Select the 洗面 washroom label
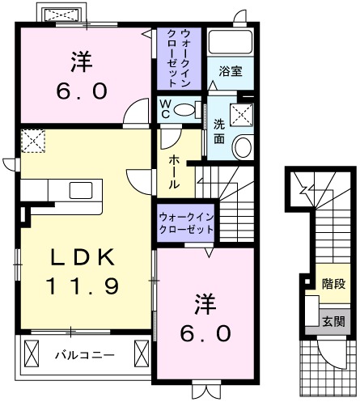219,131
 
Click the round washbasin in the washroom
242,146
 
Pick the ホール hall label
174,172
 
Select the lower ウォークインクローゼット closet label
186,223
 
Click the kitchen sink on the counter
81,191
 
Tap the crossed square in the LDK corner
34,142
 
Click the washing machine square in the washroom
240,114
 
